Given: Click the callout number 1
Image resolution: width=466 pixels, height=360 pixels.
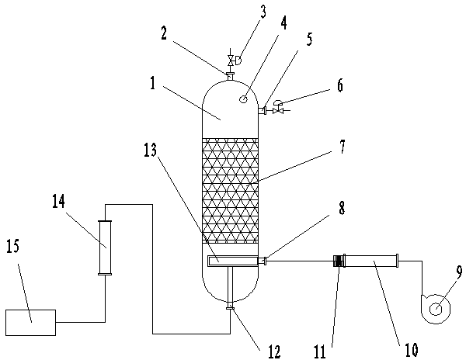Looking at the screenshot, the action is tap(153, 83).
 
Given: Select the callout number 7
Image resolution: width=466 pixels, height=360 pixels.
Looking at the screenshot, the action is tap(342, 147).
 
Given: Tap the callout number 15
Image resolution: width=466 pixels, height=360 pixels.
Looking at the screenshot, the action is tap(12, 247).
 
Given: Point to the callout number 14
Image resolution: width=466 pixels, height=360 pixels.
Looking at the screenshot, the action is tap(58, 202).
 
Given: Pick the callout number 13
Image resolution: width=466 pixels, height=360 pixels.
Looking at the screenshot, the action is tap(150, 151).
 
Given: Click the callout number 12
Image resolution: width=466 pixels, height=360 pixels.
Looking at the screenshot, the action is tap(273, 351).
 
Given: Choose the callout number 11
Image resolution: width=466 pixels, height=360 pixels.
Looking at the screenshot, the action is tap(320, 352).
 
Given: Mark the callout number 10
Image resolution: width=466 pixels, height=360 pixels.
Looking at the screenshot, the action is tap(412, 350).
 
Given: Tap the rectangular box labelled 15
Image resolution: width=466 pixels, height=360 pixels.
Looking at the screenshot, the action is tap(30, 323).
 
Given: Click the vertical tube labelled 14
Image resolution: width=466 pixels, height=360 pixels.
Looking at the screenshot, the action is tap(105, 247).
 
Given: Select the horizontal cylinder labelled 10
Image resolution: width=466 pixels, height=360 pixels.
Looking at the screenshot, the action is tap(371, 261).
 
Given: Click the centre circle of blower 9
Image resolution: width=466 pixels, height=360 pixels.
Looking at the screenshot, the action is tap(436, 310).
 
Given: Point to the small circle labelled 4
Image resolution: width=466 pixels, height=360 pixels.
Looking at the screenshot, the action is tap(243, 99).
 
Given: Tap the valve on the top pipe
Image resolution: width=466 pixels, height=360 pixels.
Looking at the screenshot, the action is tap(230, 61).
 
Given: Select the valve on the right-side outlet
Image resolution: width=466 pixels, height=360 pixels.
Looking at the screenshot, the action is tap(279, 111).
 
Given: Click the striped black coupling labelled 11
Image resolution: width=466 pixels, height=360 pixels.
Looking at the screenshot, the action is tap(338, 261).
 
